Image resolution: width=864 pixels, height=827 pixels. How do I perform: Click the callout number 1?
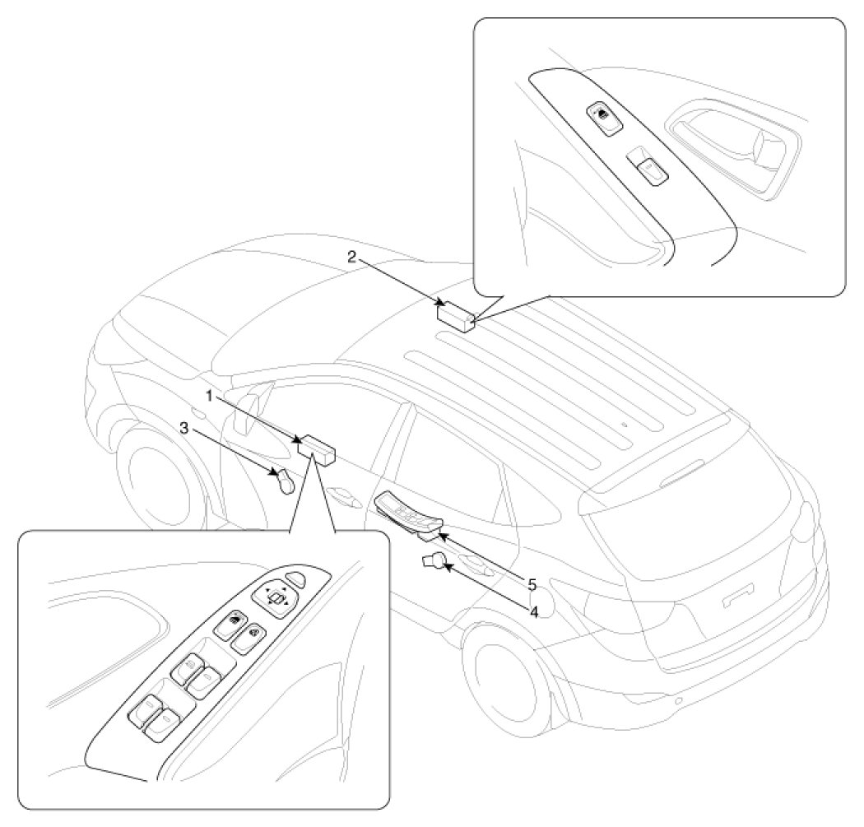pyautogui.click(x=210, y=396)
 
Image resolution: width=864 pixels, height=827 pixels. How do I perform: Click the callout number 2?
pyautogui.click(x=351, y=256)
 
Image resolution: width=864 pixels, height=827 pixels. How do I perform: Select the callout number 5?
pyautogui.click(x=532, y=585)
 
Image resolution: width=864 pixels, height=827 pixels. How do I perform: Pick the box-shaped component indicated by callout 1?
pyautogui.click(x=317, y=450)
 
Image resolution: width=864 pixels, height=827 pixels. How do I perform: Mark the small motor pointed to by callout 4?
pyautogui.click(x=434, y=562)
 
